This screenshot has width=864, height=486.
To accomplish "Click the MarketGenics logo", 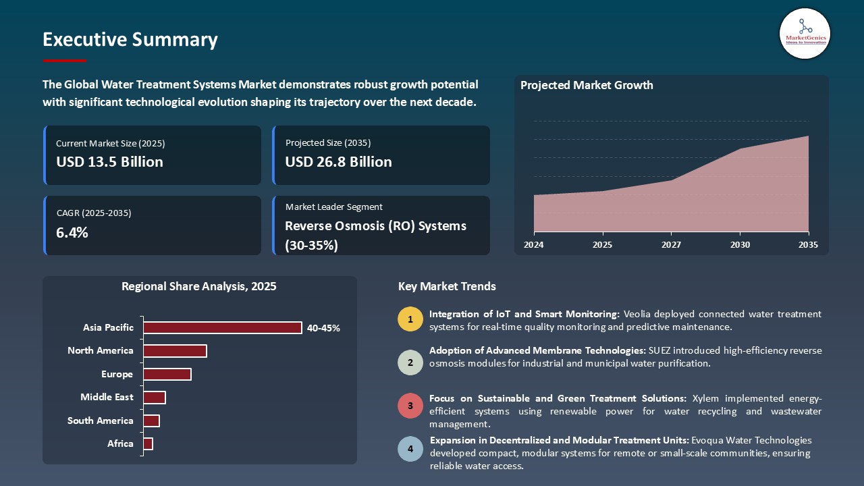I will [805, 33].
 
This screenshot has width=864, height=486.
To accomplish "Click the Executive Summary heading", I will [130, 40].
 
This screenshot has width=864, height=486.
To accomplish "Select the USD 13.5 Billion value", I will [109, 162].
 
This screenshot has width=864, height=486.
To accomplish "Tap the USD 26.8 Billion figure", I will [338, 162].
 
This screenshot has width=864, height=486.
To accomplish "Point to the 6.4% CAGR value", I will [72, 233].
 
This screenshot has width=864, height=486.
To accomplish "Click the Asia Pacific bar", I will [222, 327].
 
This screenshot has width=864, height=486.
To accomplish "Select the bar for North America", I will [175, 351].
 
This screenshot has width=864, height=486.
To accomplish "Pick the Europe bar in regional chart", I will [167, 374].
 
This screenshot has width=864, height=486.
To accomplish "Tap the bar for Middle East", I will [155, 398].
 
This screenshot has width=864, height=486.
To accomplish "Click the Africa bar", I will [148, 443].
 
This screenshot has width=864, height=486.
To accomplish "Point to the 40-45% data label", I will [323, 328].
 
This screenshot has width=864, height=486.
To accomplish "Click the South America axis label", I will [101, 421].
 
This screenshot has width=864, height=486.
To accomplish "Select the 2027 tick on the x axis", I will [671, 245].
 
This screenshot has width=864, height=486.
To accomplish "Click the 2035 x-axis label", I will [807, 245].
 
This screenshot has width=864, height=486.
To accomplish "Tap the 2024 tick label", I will [534, 245].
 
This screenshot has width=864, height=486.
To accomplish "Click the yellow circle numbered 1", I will [410, 319].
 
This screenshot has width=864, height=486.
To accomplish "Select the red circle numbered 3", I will [410, 406].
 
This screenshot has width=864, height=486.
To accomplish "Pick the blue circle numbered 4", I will [410, 449].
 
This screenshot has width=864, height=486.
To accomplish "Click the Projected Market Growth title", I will [587, 85].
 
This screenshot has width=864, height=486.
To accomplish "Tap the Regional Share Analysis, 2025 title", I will [199, 286].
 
